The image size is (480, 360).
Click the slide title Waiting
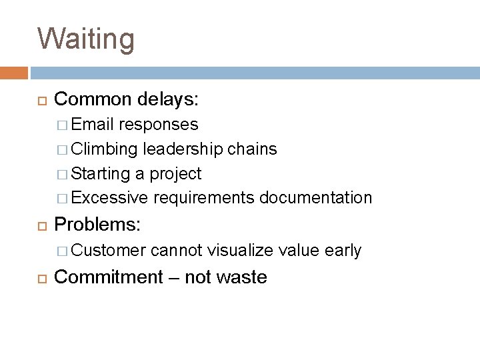click(x=86, y=38)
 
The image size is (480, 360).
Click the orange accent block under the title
click(x=14, y=73)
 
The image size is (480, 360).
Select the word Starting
click(x=101, y=173)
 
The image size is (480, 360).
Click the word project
click(x=176, y=173)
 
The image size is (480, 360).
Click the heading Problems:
click(x=97, y=225)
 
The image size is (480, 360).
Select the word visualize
click(x=241, y=250)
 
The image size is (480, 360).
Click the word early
click(x=343, y=250)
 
